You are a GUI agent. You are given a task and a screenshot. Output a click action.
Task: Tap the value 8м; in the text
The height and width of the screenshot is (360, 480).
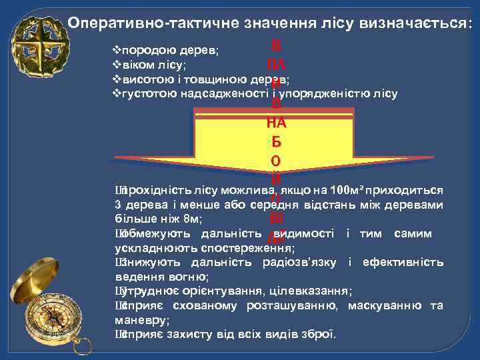[x=191, y=219]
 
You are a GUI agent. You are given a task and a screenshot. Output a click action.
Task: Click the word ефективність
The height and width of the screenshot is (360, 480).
[x=403, y=262]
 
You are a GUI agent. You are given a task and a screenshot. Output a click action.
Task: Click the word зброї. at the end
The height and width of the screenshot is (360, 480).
[x=320, y=334]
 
